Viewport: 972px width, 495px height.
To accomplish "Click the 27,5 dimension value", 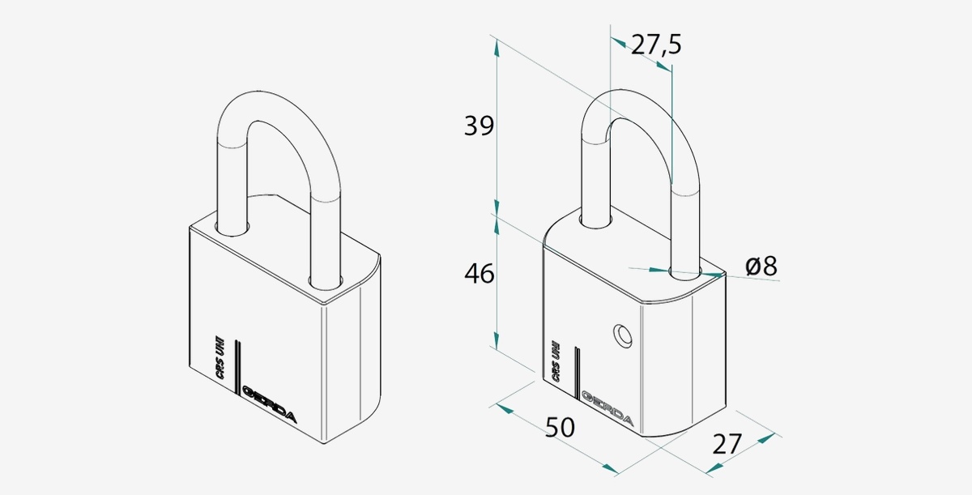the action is pyautogui.click(x=655, y=45).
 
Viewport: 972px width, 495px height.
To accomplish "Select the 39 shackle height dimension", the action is pyautogui.click(x=479, y=126).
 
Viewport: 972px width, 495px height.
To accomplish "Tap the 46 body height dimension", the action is pyautogui.click(x=479, y=274).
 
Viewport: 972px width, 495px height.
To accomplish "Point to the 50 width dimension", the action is pyautogui.click(x=560, y=427).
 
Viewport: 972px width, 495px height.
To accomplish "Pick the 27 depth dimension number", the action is pyautogui.click(x=727, y=444).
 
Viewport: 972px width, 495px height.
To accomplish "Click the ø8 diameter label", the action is pyautogui.click(x=761, y=266).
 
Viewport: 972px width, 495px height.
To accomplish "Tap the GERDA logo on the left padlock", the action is pyautogui.click(x=270, y=403).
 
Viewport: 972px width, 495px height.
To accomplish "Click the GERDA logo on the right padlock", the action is pyautogui.click(x=607, y=408).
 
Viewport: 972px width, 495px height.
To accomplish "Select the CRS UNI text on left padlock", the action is pyautogui.click(x=220, y=357).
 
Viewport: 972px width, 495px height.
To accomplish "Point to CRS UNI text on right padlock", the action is pyautogui.click(x=556, y=361).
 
